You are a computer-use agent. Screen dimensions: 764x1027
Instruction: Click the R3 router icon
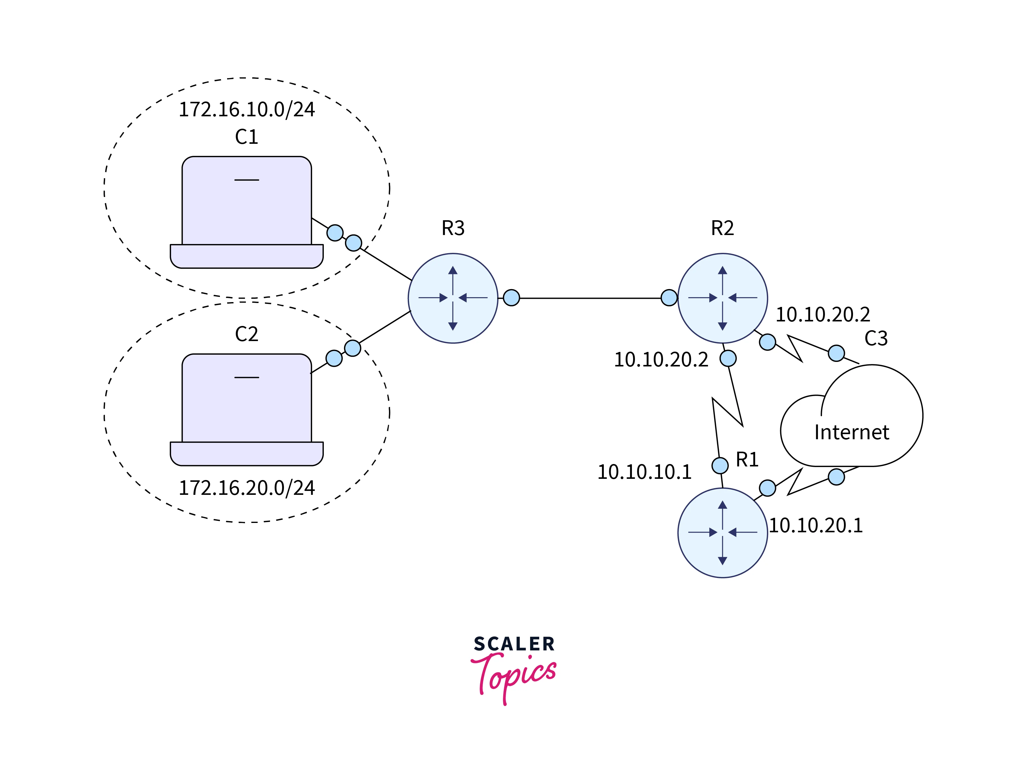point(453,298)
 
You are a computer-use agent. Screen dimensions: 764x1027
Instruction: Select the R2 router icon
point(722,298)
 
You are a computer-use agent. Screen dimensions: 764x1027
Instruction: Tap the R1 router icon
point(722,532)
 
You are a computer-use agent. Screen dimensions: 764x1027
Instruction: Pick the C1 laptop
point(246,213)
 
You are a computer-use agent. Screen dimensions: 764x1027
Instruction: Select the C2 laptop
point(246,410)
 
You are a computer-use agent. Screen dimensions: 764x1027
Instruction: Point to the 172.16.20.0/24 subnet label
point(246,488)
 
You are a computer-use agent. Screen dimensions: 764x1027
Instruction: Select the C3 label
point(876,339)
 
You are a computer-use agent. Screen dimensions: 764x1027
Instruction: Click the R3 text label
point(453,228)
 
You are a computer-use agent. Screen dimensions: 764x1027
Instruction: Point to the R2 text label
point(722,228)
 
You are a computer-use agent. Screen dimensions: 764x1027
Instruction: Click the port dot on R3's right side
point(511,298)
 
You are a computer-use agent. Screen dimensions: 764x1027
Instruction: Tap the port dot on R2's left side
point(669,298)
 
